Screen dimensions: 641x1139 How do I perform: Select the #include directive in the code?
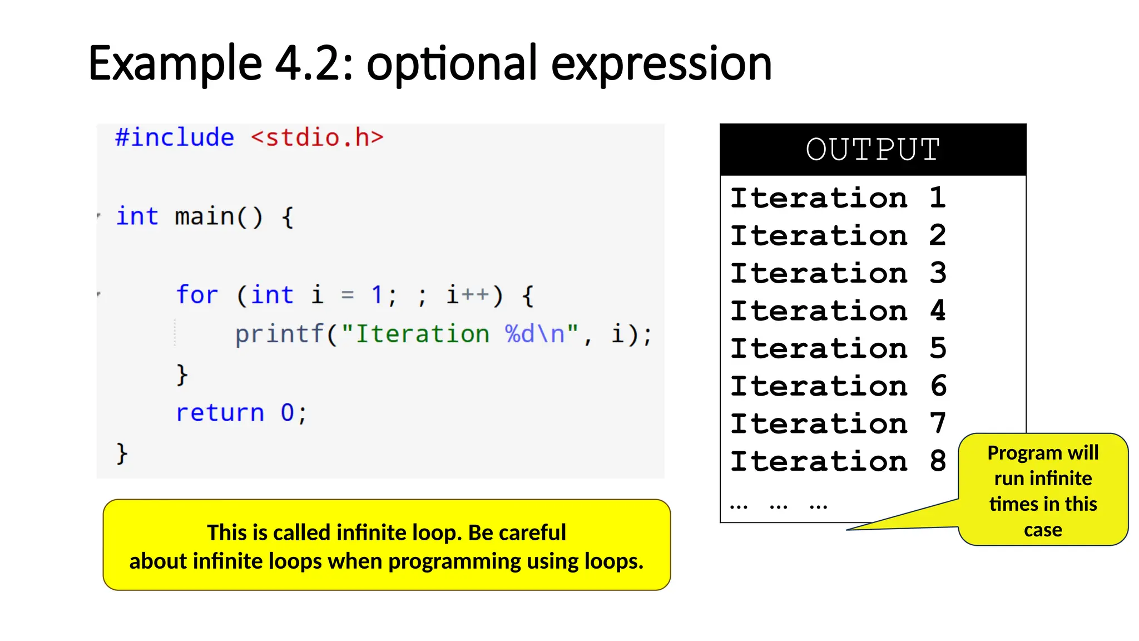(x=175, y=137)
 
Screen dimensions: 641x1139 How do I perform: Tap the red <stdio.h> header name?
(x=317, y=137)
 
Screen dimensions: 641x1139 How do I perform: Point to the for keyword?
(x=197, y=295)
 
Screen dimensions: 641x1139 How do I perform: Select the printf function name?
(x=279, y=334)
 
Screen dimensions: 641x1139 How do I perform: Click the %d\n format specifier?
(x=534, y=334)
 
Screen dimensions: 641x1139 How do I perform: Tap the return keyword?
(x=220, y=413)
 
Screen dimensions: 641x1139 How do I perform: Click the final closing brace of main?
(x=122, y=453)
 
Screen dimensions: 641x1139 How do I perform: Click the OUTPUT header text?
(x=873, y=150)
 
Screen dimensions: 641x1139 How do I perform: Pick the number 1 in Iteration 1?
(x=937, y=198)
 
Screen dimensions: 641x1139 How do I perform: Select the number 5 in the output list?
(x=938, y=348)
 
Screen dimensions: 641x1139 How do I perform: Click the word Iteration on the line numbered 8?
(x=819, y=461)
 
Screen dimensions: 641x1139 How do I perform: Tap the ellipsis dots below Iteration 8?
(x=779, y=506)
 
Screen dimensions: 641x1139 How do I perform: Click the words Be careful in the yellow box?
(x=517, y=532)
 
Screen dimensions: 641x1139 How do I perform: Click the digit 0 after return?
(x=287, y=413)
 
